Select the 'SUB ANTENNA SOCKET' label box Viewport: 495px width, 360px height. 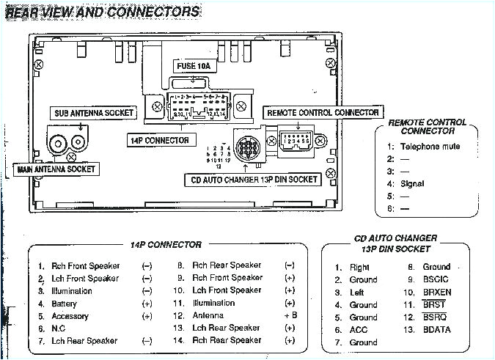click(94, 113)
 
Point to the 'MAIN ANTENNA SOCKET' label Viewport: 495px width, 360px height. click(56, 169)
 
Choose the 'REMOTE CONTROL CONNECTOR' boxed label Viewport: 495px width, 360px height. click(323, 113)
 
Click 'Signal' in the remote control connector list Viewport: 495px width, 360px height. click(413, 184)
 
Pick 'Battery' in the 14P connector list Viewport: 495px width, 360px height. click(64, 304)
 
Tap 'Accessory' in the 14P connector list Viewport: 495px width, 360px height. click(70, 316)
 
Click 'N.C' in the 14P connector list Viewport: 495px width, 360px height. click(59, 329)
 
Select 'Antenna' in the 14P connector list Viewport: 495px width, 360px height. click(208, 316)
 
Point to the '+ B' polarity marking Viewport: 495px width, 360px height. click(290, 316)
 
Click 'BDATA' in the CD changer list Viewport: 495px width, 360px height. click(437, 330)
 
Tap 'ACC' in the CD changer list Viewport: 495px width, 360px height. click(359, 330)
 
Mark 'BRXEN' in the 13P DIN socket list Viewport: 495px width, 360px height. click(437, 292)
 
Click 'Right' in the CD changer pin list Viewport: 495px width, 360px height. click(359, 268)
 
